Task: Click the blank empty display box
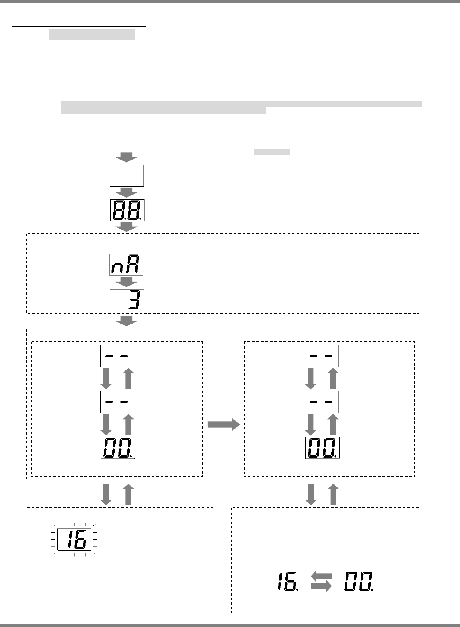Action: [x=127, y=175]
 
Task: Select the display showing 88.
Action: [x=127, y=210]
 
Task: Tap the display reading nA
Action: [x=126, y=265]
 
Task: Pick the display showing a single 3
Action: [x=127, y=300]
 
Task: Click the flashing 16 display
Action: [x=74, y=540]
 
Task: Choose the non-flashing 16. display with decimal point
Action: [x=284, y=581]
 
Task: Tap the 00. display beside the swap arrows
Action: [x=358, y=581]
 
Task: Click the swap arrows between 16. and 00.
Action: [x=321, y=581]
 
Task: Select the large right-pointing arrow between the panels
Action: [x=224, y=424]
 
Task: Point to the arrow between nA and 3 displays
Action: [x=127, y=282]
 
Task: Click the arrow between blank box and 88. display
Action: [x=127, y=192]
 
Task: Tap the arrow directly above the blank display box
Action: [x=127, y=157]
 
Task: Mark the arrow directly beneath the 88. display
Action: [x=127, y=227]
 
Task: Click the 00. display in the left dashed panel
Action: [x=118, y=448]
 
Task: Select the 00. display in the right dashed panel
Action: [x=322, y=448]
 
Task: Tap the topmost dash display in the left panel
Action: [x=117, y=356]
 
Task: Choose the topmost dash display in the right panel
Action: [x=322, y=356]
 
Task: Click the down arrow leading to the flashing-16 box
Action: [x=106, y=494]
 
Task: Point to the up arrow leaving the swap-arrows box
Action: [x=333, y=494]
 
